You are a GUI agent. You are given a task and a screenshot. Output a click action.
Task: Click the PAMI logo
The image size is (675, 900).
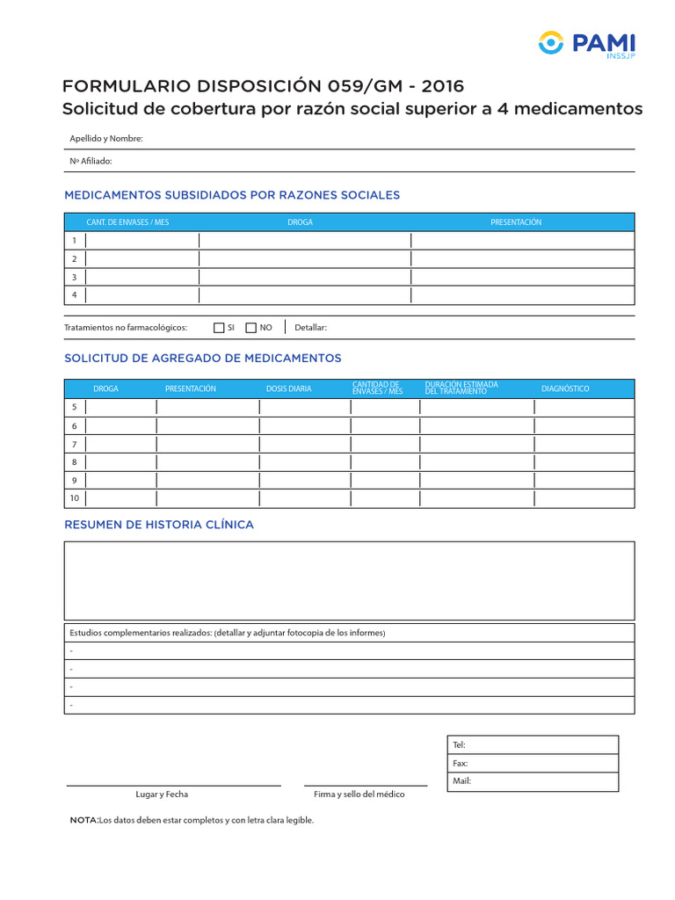(x=585, y=45)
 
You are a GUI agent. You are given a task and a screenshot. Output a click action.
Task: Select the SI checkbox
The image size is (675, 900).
(x=220, y=328)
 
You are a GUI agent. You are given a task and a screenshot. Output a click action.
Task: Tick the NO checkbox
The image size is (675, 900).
(x=250, y=328)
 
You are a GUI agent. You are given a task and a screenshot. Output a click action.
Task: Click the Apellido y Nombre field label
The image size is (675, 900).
(x=106, y=139)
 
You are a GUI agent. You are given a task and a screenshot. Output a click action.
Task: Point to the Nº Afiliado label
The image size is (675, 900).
(x=91, y=161)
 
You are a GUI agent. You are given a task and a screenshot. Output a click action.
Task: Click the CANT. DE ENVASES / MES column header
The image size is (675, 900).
(x=127, y=222)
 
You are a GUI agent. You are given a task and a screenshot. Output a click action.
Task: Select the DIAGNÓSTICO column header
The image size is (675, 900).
(x=565, y=388)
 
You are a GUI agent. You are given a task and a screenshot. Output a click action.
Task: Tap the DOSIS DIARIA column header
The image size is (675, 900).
(x=289, y=388)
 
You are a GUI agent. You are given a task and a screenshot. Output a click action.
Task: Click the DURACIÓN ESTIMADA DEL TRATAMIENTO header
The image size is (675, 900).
(x=461, y=388)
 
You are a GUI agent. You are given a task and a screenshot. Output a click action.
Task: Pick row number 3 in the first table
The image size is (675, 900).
(x=75, y=277)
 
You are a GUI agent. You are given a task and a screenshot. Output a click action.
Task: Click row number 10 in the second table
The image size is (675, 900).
(x=75, y=498)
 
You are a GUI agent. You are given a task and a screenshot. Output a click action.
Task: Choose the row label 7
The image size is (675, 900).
(x=75, y=444)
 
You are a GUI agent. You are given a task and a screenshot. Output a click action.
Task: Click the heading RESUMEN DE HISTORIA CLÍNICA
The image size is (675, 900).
(x=159, y=525)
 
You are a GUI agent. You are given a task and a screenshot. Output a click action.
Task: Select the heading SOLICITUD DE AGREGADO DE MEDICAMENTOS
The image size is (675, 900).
(x=203, y=359)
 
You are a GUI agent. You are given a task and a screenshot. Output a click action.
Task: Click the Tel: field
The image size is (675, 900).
(x=533, y=744)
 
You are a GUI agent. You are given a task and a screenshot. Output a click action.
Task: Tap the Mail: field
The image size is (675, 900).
(x=533, y=781)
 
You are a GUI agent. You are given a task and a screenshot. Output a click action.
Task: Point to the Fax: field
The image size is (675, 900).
(x=533, y=763)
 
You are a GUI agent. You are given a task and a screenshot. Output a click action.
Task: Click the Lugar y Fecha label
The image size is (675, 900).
(x=162, y=795)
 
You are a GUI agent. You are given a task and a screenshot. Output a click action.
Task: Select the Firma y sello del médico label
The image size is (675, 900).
(x=359, y=795)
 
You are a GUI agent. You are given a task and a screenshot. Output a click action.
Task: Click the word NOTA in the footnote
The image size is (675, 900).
(x=84, y=820)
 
